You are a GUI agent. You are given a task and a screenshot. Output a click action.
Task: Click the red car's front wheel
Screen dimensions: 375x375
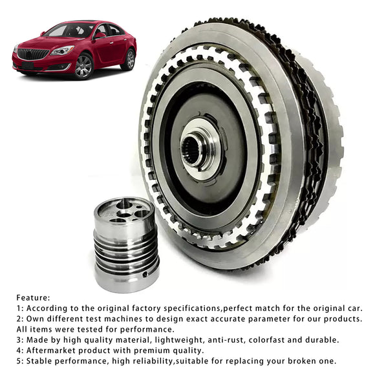83,66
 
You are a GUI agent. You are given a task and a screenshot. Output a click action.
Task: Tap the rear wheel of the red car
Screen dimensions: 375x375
130,59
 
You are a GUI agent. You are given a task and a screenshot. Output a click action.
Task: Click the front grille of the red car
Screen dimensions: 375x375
33,54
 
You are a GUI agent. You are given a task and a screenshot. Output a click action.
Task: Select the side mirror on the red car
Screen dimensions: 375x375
100,36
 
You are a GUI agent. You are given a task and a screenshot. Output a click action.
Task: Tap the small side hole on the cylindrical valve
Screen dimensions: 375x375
144,275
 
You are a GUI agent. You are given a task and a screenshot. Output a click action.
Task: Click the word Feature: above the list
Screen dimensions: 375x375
33,298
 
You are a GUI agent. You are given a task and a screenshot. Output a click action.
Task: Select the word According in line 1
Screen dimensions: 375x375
47,309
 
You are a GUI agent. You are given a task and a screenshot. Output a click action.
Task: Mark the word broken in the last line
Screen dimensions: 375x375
301,361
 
